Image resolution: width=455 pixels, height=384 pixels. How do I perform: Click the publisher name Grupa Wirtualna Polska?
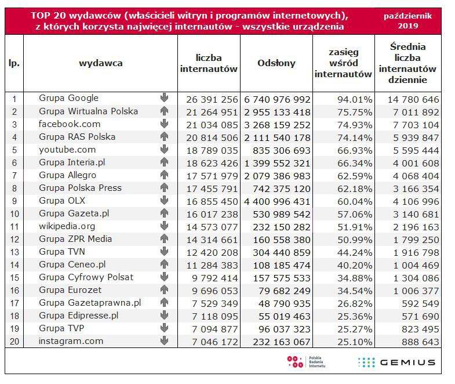click(x=88, y=111)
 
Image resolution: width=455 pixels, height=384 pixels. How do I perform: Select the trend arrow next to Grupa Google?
click(x=164, y=98)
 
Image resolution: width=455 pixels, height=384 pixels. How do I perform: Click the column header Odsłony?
click(x=276, y=63)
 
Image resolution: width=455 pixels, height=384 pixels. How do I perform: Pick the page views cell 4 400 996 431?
click(x=276, y=201)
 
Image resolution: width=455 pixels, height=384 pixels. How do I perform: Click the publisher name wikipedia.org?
click(x=67, y=226)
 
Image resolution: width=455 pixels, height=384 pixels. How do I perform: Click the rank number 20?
click(x=14, y=342)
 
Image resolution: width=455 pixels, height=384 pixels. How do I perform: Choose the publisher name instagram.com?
click(x=71, y=341)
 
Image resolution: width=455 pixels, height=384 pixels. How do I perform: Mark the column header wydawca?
click(x=100, y=63)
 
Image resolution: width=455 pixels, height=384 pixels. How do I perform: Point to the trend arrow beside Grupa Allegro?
click(x=164, y=175)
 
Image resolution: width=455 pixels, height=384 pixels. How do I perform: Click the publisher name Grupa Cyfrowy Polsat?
click(x=86, y=277)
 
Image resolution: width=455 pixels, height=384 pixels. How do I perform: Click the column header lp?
click(x=14, y=63)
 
